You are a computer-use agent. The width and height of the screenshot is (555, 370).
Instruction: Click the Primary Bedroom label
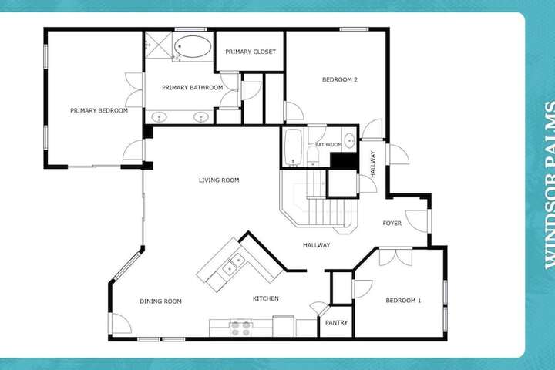click(x=99, y=110)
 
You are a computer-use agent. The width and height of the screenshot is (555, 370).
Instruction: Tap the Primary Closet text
click(x=251, y=52)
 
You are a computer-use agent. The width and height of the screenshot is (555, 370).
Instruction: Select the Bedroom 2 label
click(x=339, y=79)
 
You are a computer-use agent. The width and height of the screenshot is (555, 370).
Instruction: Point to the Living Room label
click(x=219, y=180)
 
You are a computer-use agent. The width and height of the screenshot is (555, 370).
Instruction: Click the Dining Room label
click(x=160, y=301)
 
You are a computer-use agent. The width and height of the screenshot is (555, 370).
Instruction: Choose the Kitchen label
click(x=265, y=298)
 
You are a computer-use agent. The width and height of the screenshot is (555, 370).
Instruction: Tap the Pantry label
click(x=336, y=322)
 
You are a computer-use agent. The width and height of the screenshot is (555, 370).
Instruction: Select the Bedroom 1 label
click(x=403, y=301)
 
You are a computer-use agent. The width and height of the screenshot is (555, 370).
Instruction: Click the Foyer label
click(x=392, y=223)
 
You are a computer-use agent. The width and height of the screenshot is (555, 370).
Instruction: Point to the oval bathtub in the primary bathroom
click(x=193, y=46)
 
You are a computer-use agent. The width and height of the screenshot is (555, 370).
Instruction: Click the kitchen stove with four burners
click(x=240, y=328)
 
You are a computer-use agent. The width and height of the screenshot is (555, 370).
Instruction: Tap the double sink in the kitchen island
click(x=234, y=265)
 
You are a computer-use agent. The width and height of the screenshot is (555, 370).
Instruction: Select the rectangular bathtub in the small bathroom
click(x=293, y=147)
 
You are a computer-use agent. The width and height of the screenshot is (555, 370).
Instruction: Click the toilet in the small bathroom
click(x=313, y=156)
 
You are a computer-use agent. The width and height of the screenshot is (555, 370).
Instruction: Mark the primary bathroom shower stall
click(x=158, y=45)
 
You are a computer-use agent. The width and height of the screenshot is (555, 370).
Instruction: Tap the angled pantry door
click(x=320, y=308)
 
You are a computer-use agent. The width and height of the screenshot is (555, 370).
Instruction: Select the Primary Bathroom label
click(x=192, y=87)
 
